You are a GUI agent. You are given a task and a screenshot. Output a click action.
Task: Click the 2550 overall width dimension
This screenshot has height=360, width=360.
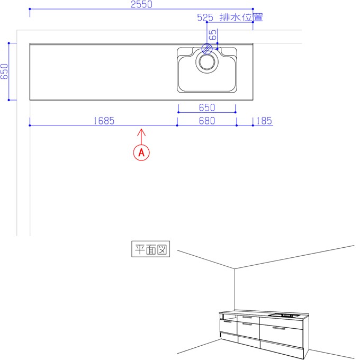pos(141,4)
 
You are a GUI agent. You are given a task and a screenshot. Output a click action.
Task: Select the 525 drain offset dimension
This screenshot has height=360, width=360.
pos(205,17)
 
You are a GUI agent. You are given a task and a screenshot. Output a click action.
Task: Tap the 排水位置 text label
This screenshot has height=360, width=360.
pos(241,17)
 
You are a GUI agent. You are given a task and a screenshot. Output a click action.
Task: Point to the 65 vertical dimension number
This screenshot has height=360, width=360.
pos(213,35)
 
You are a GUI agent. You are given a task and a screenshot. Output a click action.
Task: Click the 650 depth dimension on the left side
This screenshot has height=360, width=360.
pos(4,71)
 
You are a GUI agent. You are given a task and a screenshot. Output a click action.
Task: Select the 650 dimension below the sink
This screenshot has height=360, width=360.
pos(207,107)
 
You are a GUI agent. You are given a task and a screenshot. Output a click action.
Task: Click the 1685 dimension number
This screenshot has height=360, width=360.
pos(104,121)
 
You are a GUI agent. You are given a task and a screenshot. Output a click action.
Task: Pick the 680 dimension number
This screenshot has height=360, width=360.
pos(207,121)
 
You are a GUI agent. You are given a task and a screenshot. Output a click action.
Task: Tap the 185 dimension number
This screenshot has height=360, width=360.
pos(264,121)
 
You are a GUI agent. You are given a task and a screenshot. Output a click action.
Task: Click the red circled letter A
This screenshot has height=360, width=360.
pos(141,152)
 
